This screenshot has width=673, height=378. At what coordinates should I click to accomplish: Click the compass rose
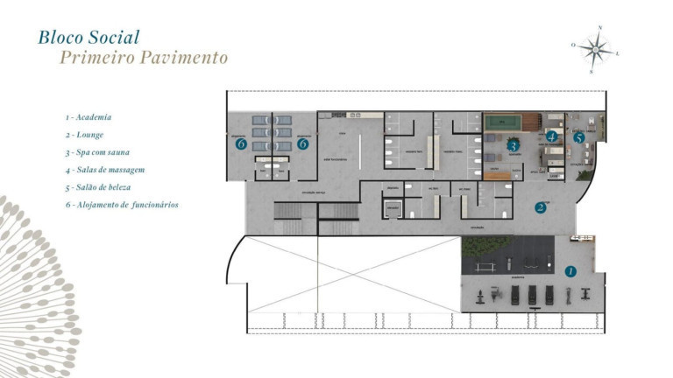[597, 49]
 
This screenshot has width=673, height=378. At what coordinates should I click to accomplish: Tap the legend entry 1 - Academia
[88, 117]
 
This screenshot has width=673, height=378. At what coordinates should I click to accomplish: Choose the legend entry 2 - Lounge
[84, 135]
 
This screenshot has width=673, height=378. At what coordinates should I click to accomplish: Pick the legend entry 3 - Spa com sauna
[96, 152]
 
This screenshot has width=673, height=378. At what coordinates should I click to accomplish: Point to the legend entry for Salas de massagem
[104, 170]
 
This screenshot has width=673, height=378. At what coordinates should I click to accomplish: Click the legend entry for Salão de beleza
[98, 187]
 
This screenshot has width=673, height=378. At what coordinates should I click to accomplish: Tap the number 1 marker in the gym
[570, 271]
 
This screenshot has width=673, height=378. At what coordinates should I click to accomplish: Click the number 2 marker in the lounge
[541, 207]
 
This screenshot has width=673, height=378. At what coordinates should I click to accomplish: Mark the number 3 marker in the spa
[514, 145]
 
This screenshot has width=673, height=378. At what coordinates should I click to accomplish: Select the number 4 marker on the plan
[551, 137]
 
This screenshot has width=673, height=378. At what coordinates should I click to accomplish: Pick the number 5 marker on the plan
[579, 137]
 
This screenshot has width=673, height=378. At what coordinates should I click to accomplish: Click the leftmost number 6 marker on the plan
[240, 144]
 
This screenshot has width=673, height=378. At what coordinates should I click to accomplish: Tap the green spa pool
[502, 122]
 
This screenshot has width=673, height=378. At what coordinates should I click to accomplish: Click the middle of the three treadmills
[532, 294]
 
